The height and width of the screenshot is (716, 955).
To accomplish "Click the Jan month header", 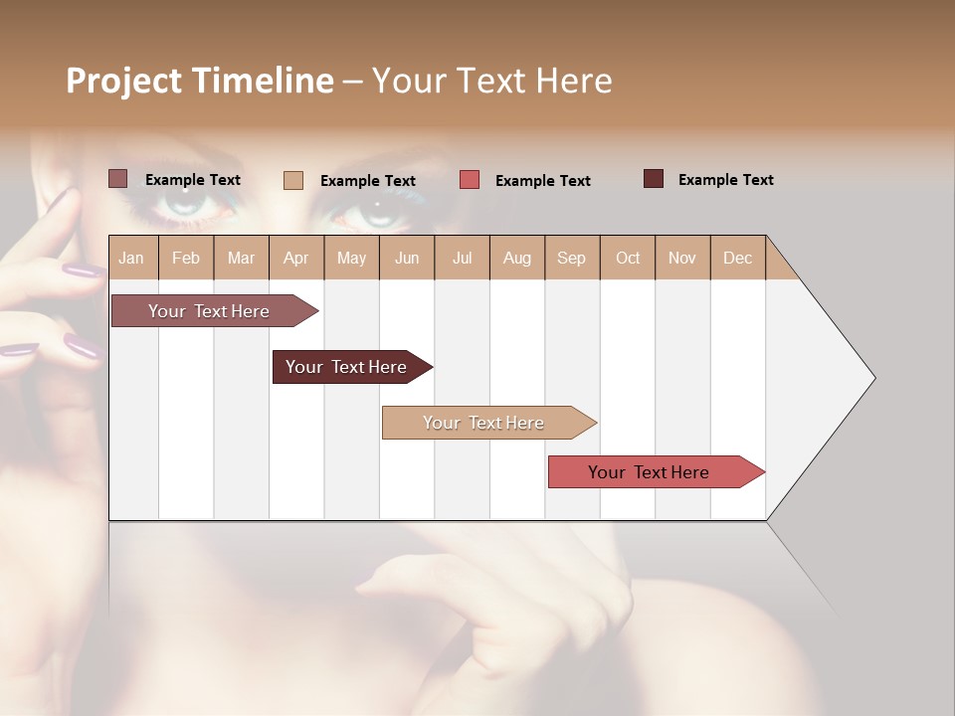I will (131, 258).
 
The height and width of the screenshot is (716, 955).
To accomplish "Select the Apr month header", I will (295, 258).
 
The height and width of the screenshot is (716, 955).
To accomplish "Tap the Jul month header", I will (462, 258).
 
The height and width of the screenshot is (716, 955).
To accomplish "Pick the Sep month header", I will (571, 258).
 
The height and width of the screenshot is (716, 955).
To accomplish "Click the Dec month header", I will (737, 258).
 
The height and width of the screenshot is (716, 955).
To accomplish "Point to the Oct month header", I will (628, 258).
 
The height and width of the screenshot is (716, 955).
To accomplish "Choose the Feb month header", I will (186, 258).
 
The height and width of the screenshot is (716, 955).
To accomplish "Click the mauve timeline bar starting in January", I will (209, 311).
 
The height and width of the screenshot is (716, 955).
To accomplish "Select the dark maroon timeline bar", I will (346, 367).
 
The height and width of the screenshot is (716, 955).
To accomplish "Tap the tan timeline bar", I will (483, 423).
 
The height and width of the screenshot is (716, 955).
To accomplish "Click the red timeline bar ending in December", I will (649, 472).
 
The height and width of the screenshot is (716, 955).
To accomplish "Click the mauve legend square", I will (117, 179).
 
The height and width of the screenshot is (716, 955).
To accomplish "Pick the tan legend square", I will (293, 180).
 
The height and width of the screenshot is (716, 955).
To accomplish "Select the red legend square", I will (470, 180).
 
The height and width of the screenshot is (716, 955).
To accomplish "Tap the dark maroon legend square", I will (654, 179).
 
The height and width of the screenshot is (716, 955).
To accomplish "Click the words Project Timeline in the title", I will (199, 81).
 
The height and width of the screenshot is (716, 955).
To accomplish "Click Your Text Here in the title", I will (491, 81).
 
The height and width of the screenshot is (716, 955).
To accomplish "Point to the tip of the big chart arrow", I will (872, 378).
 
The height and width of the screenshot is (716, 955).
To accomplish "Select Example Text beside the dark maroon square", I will (725, 180).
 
